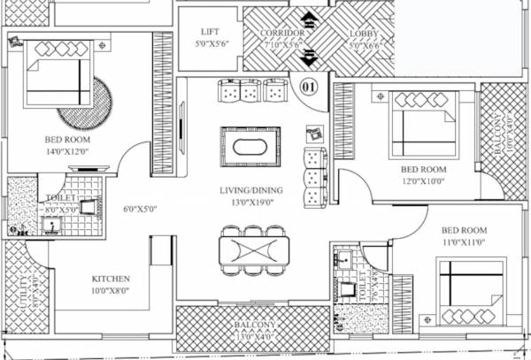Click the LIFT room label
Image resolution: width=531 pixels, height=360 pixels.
point(211,32)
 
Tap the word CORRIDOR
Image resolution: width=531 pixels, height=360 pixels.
point(282,32)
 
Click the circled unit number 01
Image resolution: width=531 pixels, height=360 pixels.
point(309,87)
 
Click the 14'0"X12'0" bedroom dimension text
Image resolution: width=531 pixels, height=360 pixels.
point(67,151)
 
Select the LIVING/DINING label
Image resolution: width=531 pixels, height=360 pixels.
point(250,190)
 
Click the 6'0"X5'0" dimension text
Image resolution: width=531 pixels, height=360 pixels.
point(139,210)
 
